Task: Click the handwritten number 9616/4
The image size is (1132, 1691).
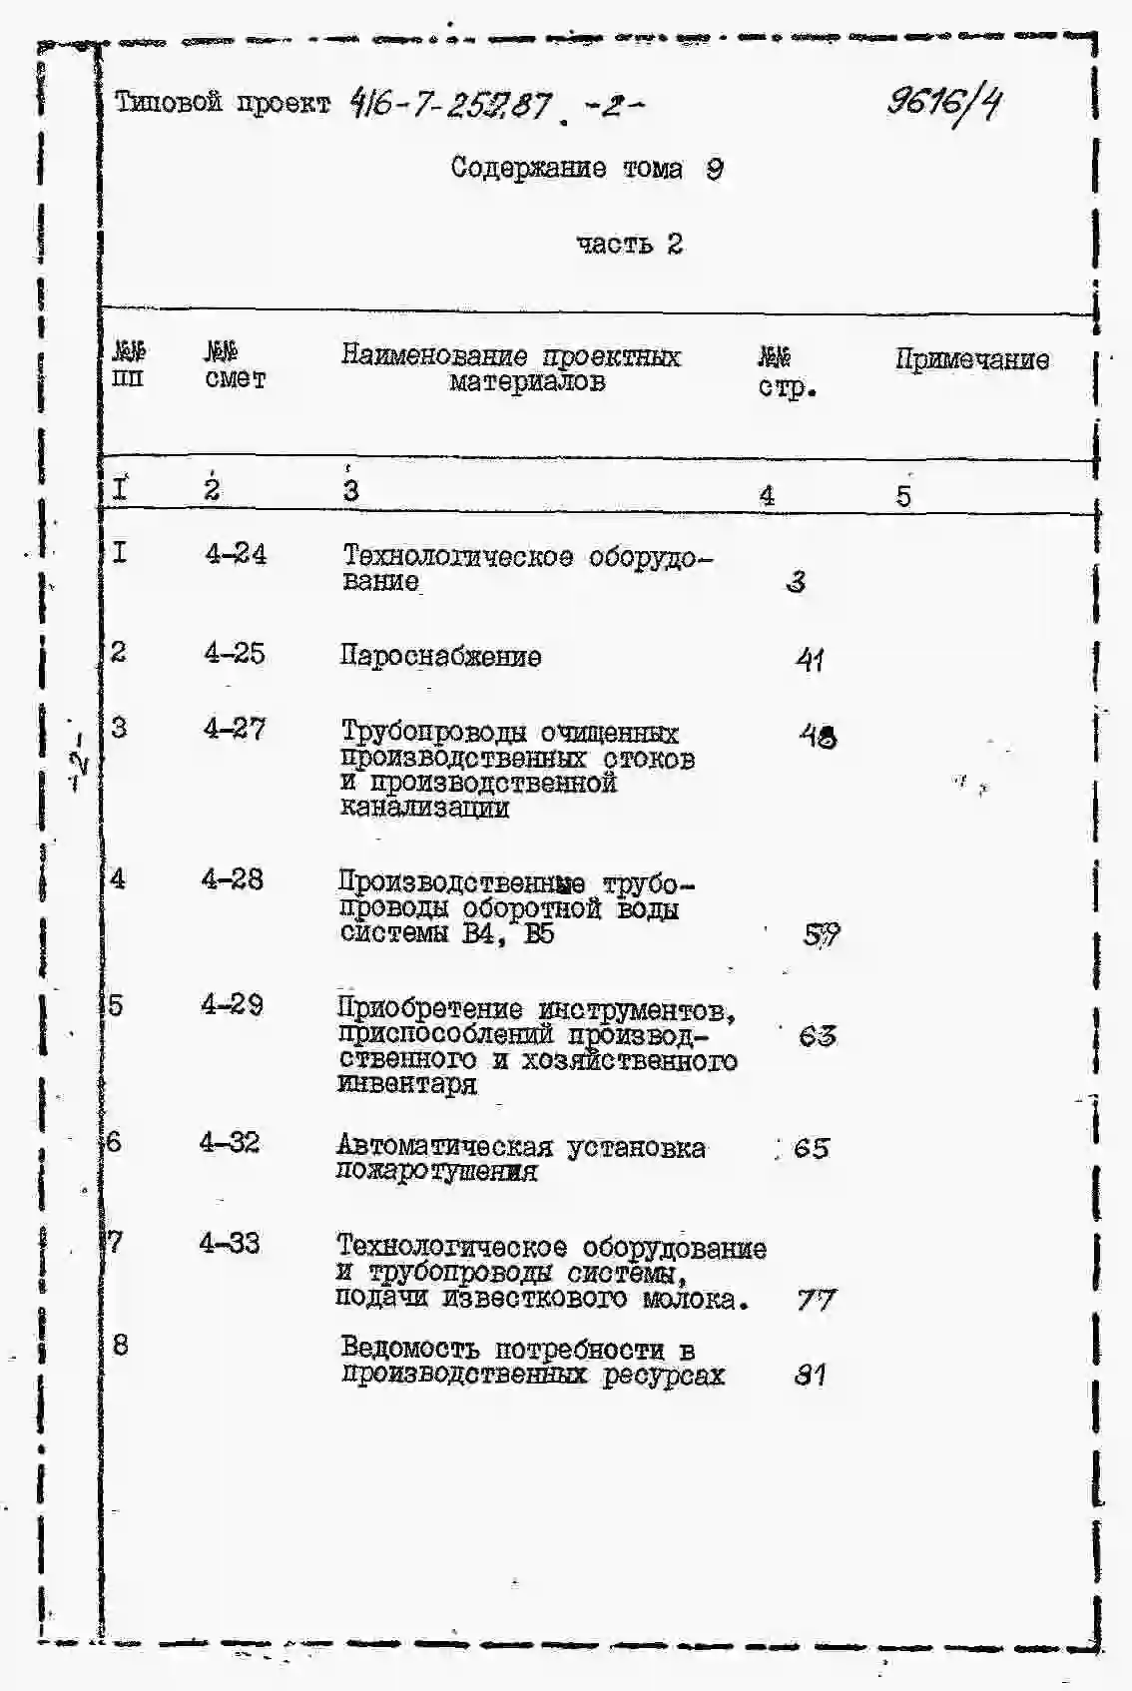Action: tap(944, 104)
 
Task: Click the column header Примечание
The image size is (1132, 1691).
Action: tap(971, 360)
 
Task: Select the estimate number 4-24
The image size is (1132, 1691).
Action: tap(236, 554)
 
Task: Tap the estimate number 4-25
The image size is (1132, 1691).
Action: tap(235, 654)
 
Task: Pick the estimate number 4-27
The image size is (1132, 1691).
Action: tap(235, 730)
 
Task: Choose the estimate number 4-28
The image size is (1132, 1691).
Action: tap(233, 879)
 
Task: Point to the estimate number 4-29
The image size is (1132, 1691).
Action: tap(232, 1004)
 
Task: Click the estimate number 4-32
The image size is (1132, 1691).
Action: tap(230, 1142)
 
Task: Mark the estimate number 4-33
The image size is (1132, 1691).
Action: tap(230, 1243)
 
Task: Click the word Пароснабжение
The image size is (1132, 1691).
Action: tap(440, 657)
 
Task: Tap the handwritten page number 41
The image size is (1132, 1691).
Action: tap(810, 660)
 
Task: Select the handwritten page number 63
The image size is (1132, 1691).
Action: tap(817, 1036)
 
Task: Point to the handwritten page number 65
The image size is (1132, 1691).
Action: tap(812, 1149)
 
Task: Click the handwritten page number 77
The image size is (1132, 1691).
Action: tap(816, 1300)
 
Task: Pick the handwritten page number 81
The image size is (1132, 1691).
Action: tap(810, 1376)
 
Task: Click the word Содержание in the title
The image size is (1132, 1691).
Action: tap(527, 168)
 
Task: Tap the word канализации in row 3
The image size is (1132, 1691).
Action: tap(424, 808)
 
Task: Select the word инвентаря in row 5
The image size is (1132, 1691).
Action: tap(406, 1084)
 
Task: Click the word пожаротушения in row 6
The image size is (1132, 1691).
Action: tap(436, 1172)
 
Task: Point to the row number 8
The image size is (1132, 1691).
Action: tap(120, 1345)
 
